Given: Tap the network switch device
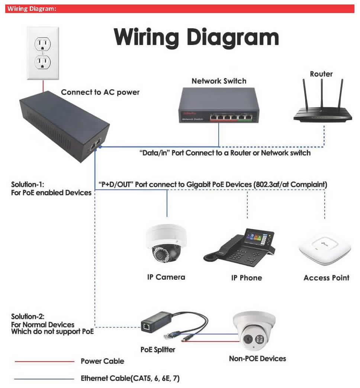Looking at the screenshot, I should (x=219, y=106).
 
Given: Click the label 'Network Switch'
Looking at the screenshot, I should (x=219, y=81).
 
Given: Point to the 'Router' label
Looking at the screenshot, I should (x=321, y=74).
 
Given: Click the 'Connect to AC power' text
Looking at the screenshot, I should (x=100, y=92).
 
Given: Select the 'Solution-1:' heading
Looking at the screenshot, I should (x=28, y=185).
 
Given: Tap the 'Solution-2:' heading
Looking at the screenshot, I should (x=28, y=317).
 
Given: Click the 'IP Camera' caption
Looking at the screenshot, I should (x=166, y=277).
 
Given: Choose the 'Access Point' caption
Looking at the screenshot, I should (x=326, y=278).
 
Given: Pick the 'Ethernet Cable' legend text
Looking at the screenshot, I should (x=130, y=379).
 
